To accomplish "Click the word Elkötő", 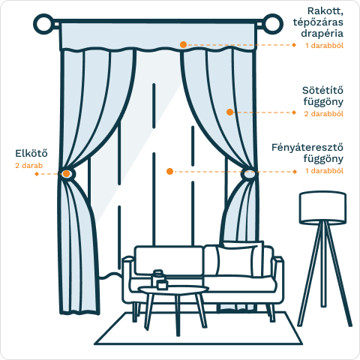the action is point(31,153).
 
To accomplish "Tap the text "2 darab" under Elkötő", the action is point(28,166).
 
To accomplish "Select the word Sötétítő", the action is point(322,90).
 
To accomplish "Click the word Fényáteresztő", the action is point(307,147).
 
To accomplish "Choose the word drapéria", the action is point(322,34).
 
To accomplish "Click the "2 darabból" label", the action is point(324,114).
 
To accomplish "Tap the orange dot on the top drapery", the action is point(183,44).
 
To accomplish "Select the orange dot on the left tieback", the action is point(66,173).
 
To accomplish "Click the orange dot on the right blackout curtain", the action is point(229,112).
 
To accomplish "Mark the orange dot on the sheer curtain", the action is point(169,171).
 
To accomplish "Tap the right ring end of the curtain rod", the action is point(280,24).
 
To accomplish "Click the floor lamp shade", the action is point(322,208).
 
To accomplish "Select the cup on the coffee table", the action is point(162,285).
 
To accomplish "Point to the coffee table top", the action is point(173,290).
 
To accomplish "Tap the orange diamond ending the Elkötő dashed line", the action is point(37,174).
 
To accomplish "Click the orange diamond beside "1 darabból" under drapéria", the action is point(294,45).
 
